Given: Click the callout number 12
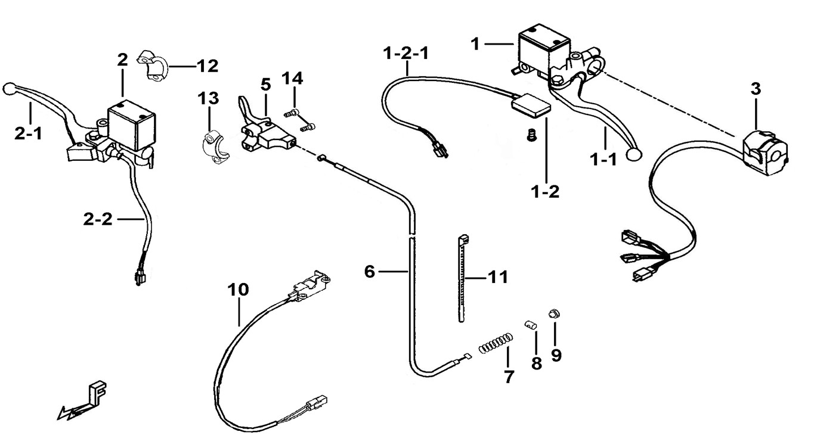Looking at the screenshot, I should coord(208,66).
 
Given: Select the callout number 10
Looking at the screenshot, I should coord(238,290).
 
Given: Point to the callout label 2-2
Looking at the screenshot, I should coord(98,219).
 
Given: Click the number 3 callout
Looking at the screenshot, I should coord(756,89).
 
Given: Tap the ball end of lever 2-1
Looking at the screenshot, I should coord(9,88).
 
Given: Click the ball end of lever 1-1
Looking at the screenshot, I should coord(634,155).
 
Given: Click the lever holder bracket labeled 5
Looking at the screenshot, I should coord(265,135).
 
